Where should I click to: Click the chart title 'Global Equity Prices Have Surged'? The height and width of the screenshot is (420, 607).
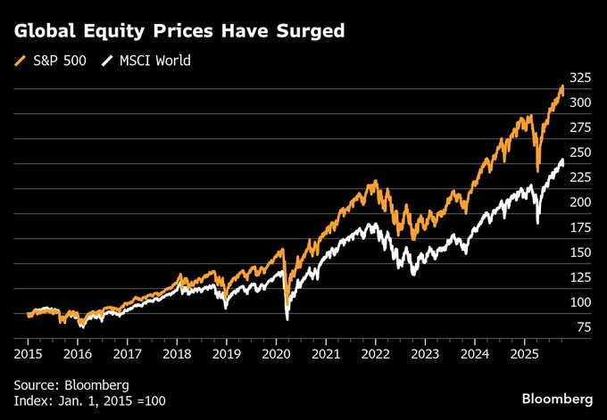click(179, 31)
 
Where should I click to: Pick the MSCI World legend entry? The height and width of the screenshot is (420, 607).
click(151, 62)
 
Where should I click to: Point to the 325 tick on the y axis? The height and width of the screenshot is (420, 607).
click(580, 78)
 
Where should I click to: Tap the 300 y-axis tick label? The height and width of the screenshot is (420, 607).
click(580, 103)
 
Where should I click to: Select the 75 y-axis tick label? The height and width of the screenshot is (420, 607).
click(583, 327)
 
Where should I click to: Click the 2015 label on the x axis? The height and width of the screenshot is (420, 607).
click(28, 354)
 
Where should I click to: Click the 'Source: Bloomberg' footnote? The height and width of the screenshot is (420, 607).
click(71, 384)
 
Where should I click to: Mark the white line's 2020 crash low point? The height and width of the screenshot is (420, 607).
click(287, 318)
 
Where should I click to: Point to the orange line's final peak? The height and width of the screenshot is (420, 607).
click(561, 86)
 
